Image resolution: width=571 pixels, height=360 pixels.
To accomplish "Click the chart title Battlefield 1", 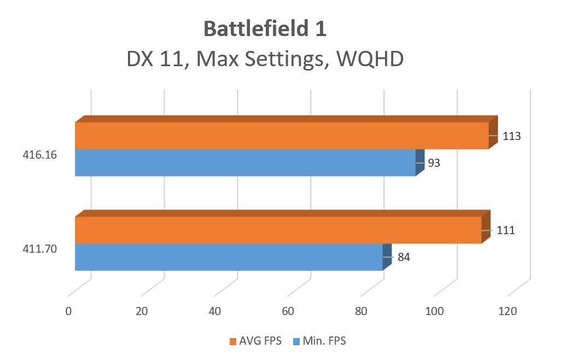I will click(x=265, y=29).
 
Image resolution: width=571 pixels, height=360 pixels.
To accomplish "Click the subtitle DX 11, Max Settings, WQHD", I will click(x=265, y=59).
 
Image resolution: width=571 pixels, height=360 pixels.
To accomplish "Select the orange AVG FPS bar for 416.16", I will click(x=281, y=135).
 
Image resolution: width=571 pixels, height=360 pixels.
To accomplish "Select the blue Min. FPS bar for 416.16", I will click(x=244, y=162).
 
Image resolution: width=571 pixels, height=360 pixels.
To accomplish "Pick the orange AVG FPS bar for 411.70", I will click(x=277, y=230).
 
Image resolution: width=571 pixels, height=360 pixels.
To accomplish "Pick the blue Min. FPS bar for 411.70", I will click(x=228, y=257).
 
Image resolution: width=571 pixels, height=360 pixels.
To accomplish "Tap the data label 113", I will click(x=512, y=136).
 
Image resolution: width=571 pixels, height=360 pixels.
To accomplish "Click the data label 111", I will click(x=505, y=230).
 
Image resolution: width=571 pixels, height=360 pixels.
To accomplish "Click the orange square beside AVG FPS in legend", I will click(x=232, y=341).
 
